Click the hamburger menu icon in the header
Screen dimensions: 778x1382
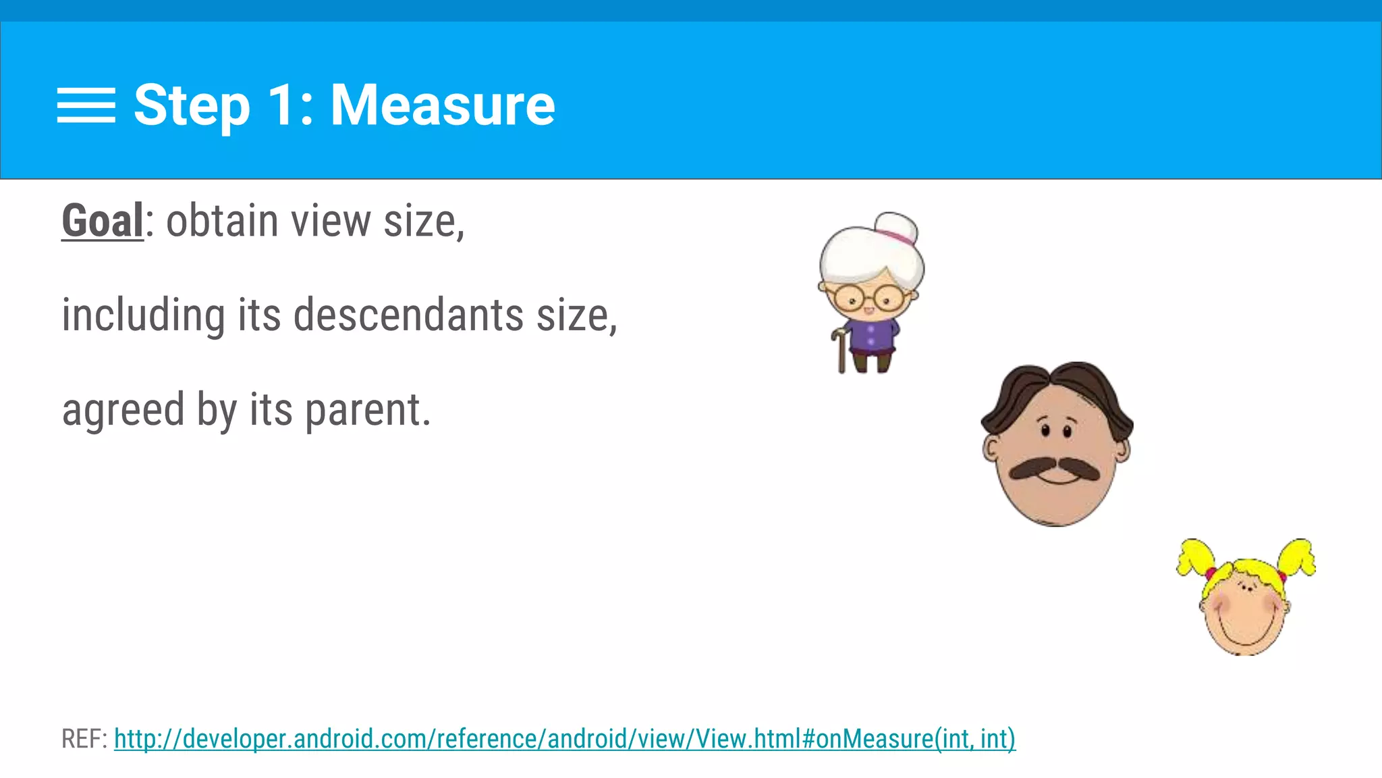86,105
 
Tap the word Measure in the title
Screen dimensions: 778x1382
442,105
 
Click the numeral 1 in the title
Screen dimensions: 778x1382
282,105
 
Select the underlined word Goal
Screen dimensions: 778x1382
103,221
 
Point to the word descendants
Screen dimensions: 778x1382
408,315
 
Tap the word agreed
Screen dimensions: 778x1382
123,411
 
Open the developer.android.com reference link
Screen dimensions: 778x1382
564,739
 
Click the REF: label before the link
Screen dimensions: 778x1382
84,739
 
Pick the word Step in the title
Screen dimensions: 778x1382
192,105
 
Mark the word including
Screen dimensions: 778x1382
143,315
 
